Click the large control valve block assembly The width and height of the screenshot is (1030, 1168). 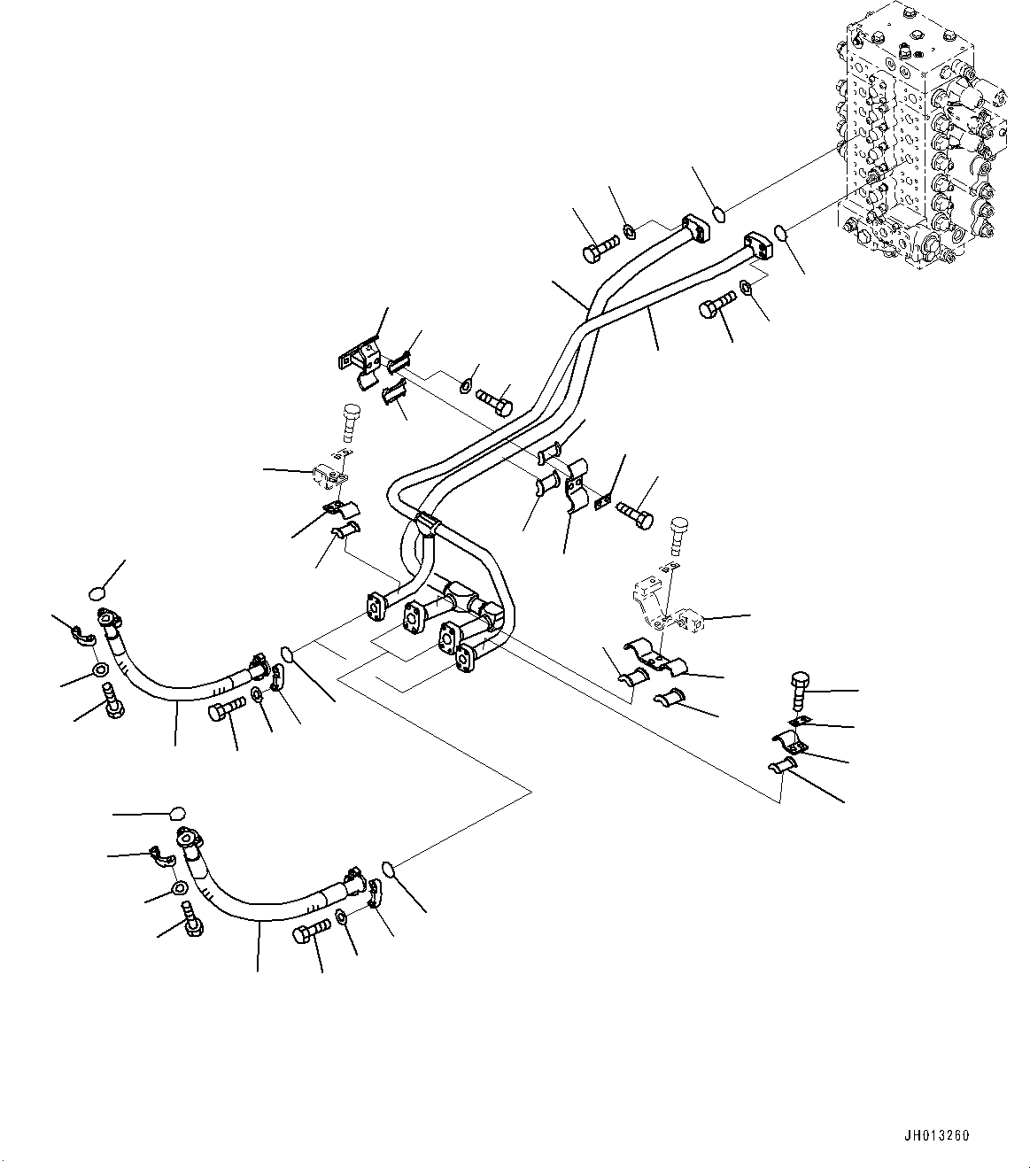point(921,142)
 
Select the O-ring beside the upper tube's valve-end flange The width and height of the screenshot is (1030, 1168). point(719,213)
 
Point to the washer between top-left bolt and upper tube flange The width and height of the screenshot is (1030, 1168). point(628,232)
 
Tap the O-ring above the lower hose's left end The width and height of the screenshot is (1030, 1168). point(177,813)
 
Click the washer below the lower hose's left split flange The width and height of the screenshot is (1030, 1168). point(178,888)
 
